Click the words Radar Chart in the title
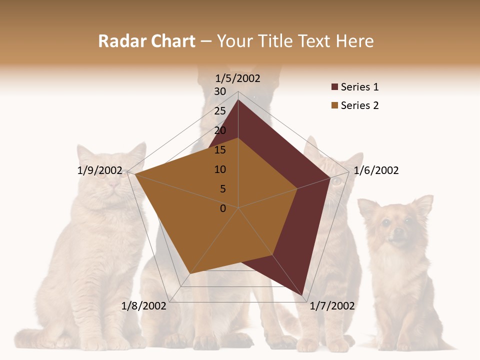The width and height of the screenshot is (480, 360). coord(146,41)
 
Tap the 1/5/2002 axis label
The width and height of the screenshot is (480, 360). coord(238,78)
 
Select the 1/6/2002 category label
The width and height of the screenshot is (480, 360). coord(376,170)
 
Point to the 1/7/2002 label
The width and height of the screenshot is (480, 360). coord(332,306)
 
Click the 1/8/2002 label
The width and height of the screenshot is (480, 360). coord(144,306)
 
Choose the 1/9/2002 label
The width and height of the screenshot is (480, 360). coord(100,170)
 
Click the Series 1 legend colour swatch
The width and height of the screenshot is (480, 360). coord(334,87)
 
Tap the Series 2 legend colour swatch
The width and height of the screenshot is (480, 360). coord(334,105)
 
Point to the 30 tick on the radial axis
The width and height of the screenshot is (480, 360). coord(220,91)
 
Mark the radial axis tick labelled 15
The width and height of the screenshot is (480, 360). coord(220,150)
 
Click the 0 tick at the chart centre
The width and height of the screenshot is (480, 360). coord(223,208)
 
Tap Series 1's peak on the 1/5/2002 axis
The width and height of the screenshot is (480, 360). coord(238,100)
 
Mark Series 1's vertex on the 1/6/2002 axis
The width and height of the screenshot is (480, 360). coord(330,177)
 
